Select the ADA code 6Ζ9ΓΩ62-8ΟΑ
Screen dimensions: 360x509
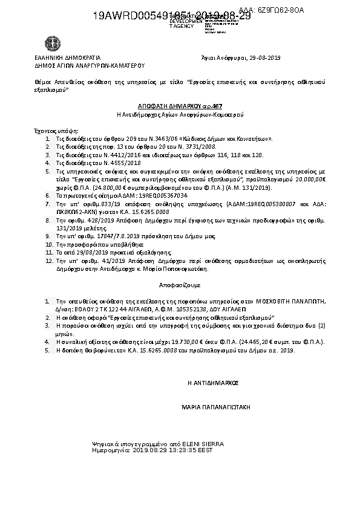[280, 11]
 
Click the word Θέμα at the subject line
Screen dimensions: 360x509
[41, 81]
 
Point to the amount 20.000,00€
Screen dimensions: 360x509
[307, 180]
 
